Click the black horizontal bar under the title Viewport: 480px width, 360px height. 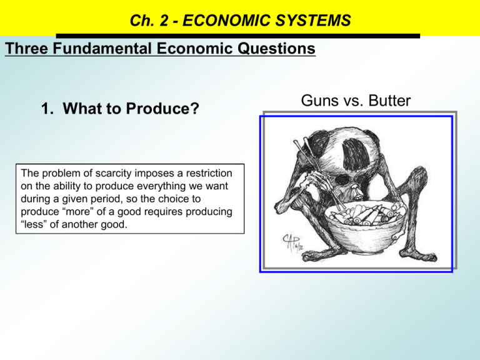[x=237, y=36]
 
